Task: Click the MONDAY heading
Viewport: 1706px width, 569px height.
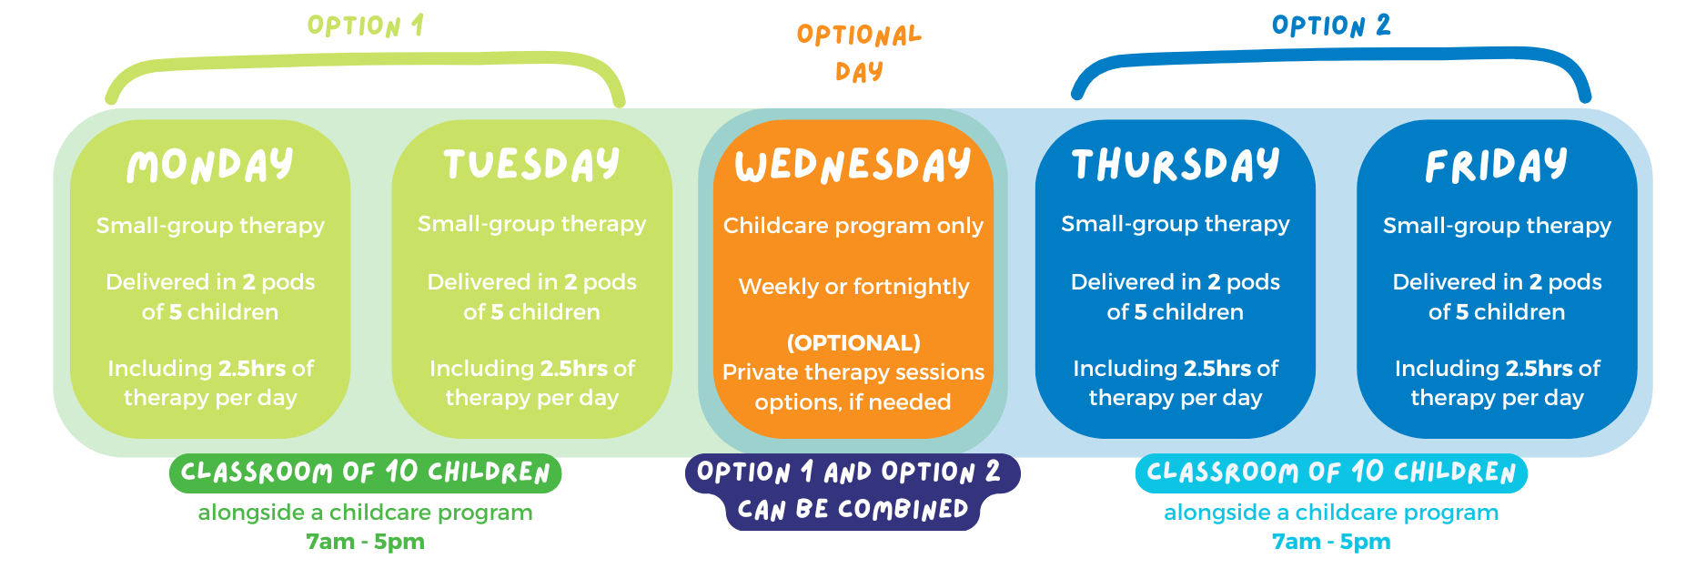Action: (210, 166)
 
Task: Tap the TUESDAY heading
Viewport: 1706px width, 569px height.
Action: (531, 165)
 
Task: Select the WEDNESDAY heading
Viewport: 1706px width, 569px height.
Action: (853, 165)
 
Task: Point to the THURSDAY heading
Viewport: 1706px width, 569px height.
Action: (1175, 165)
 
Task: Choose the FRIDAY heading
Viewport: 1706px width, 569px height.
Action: (1496, 166)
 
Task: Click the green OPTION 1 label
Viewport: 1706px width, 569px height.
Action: (366, 25)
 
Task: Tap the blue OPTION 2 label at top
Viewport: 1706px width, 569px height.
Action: (1331, 25)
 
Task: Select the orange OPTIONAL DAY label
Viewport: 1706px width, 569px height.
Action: (859, 53)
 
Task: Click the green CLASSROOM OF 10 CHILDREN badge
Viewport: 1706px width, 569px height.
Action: (365, 472)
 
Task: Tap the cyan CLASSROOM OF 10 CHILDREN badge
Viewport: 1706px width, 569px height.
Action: (1331, 472)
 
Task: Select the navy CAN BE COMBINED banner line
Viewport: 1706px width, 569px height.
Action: (853, 510)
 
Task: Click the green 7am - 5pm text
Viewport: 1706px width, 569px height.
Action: (365, 542)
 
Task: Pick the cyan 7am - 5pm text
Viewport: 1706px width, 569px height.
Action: (1331, 542)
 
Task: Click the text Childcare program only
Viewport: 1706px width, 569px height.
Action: (853, 226)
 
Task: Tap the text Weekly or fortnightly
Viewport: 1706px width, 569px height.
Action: (853, 287)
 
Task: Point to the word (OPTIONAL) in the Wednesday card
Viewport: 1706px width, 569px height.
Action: (853, 342)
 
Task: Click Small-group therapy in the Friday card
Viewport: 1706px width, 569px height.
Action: (1497, 226)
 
